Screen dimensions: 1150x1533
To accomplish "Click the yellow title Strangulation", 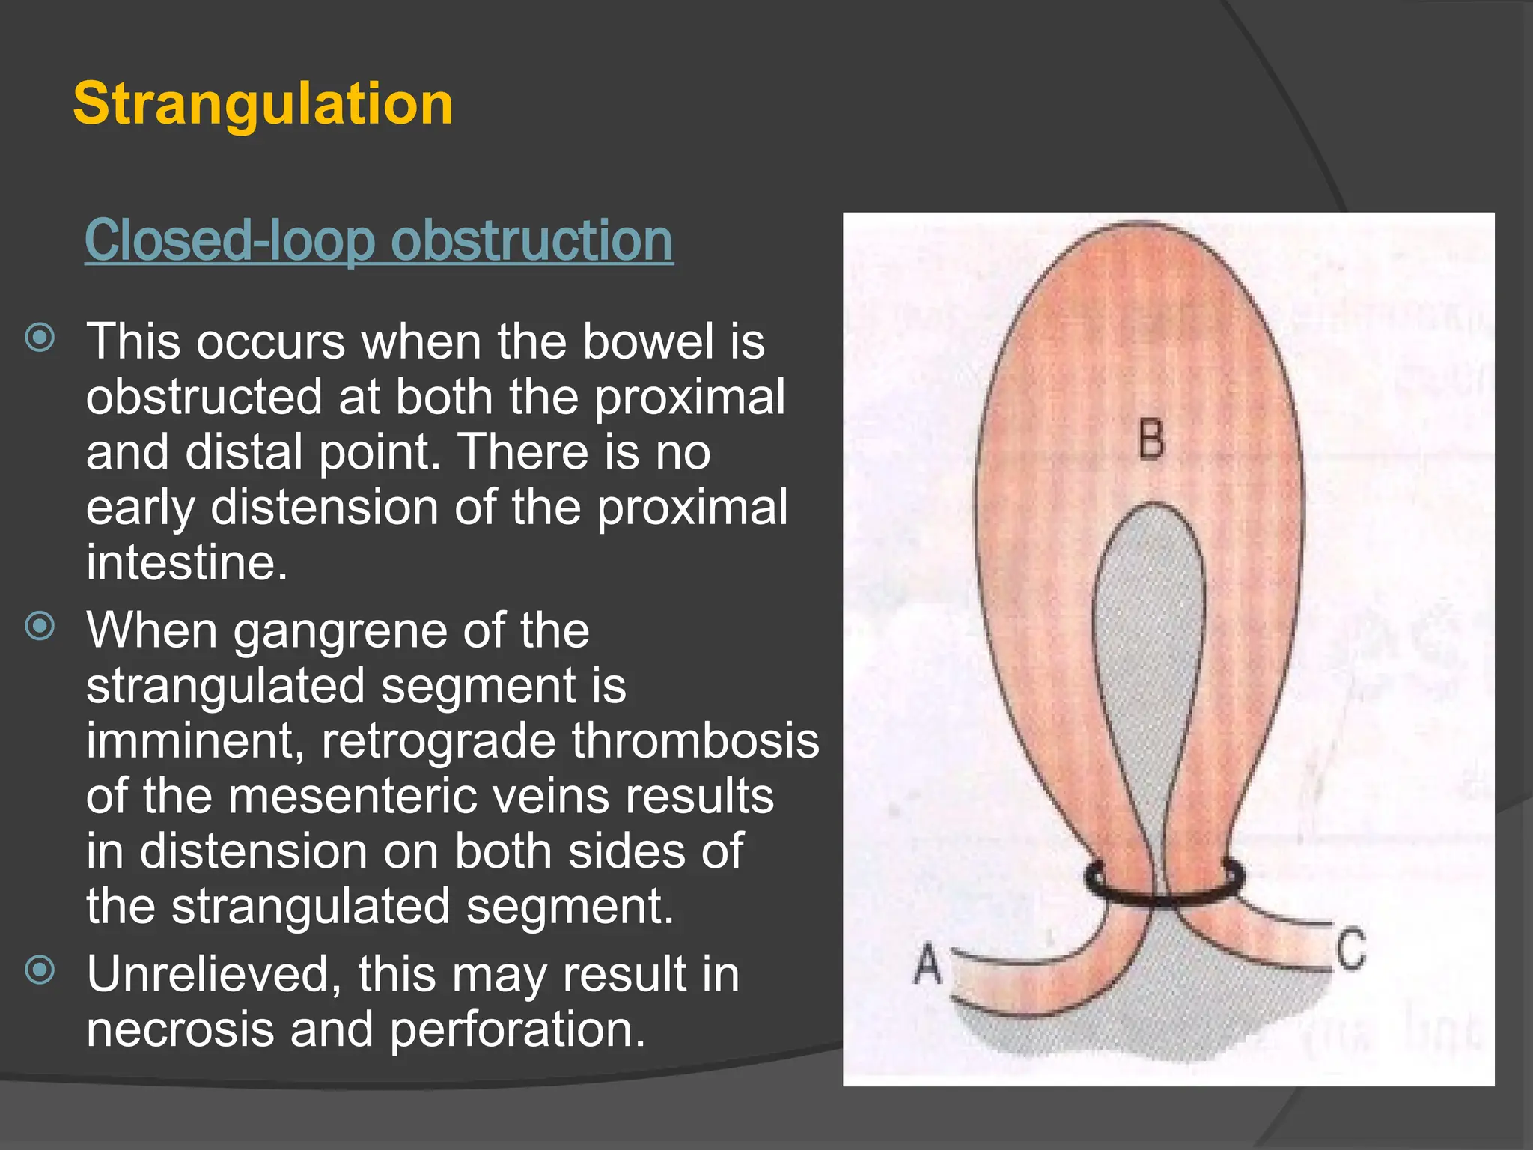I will click(x=263, y=104).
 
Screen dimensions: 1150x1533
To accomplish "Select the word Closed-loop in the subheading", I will click(x=230, y=241).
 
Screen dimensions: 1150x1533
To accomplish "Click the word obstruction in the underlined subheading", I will click(x=531, y=241).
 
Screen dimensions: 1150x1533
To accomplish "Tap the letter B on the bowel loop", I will click(x=1151, y=439).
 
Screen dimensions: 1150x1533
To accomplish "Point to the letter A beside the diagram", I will click(x=927, y=964).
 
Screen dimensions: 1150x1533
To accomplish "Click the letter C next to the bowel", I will click(x=1351, y=950).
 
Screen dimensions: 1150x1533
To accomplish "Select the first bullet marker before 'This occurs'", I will click(x=40, y=338).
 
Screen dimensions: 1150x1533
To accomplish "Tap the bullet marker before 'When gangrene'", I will click(x=40, y=626).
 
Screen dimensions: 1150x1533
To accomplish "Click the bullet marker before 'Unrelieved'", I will click(x=40, y=970).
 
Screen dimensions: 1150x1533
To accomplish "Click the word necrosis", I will click(x=180, y=1029).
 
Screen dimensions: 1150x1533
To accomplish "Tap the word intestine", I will click(x=186, y=562).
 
